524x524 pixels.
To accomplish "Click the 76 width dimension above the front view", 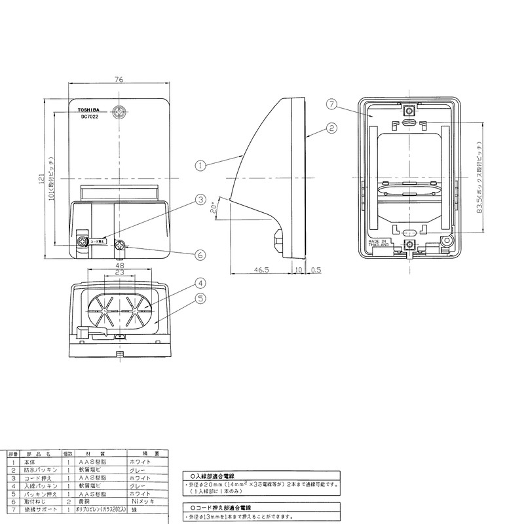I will (x=120, y=80).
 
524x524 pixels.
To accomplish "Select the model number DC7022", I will (x=90, y=117).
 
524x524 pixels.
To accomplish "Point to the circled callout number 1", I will (x=200, y=165).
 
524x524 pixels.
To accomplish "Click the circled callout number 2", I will (x=332, y=128).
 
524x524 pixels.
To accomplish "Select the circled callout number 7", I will (x=332, y=103).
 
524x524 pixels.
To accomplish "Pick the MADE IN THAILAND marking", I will (x=381, y=247).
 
